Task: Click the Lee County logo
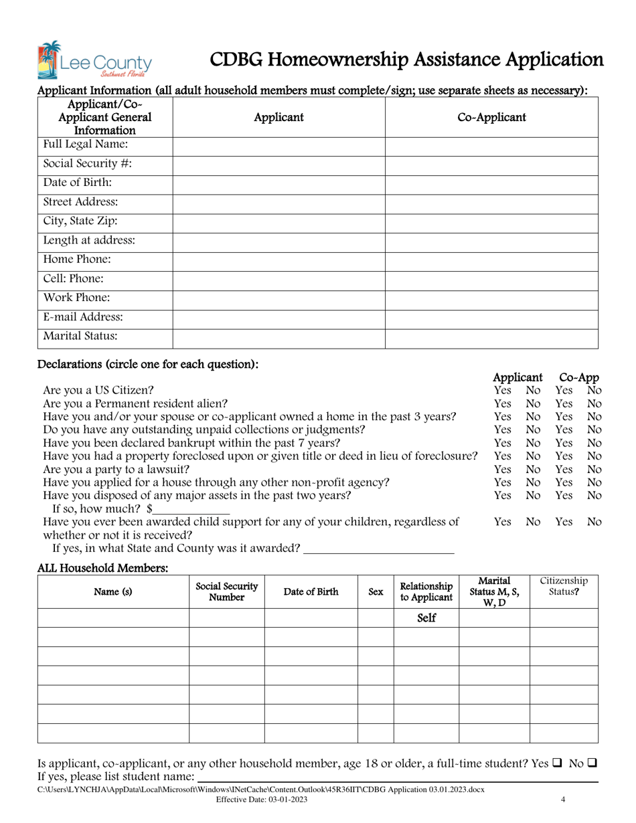coord(95,61)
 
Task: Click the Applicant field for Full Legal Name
coord(279,145)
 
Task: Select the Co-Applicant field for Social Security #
coord(491,163)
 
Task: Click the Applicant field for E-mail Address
coord(279,317)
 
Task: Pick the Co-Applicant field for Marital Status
coord(491,337)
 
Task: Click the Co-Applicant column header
coord(491,118)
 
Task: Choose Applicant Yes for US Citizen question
coord(502,390)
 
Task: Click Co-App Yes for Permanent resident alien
coord(566,403)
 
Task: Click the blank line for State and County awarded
coord(379,549)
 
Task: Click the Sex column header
coord(376,592)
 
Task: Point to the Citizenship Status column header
coord(564,587)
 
